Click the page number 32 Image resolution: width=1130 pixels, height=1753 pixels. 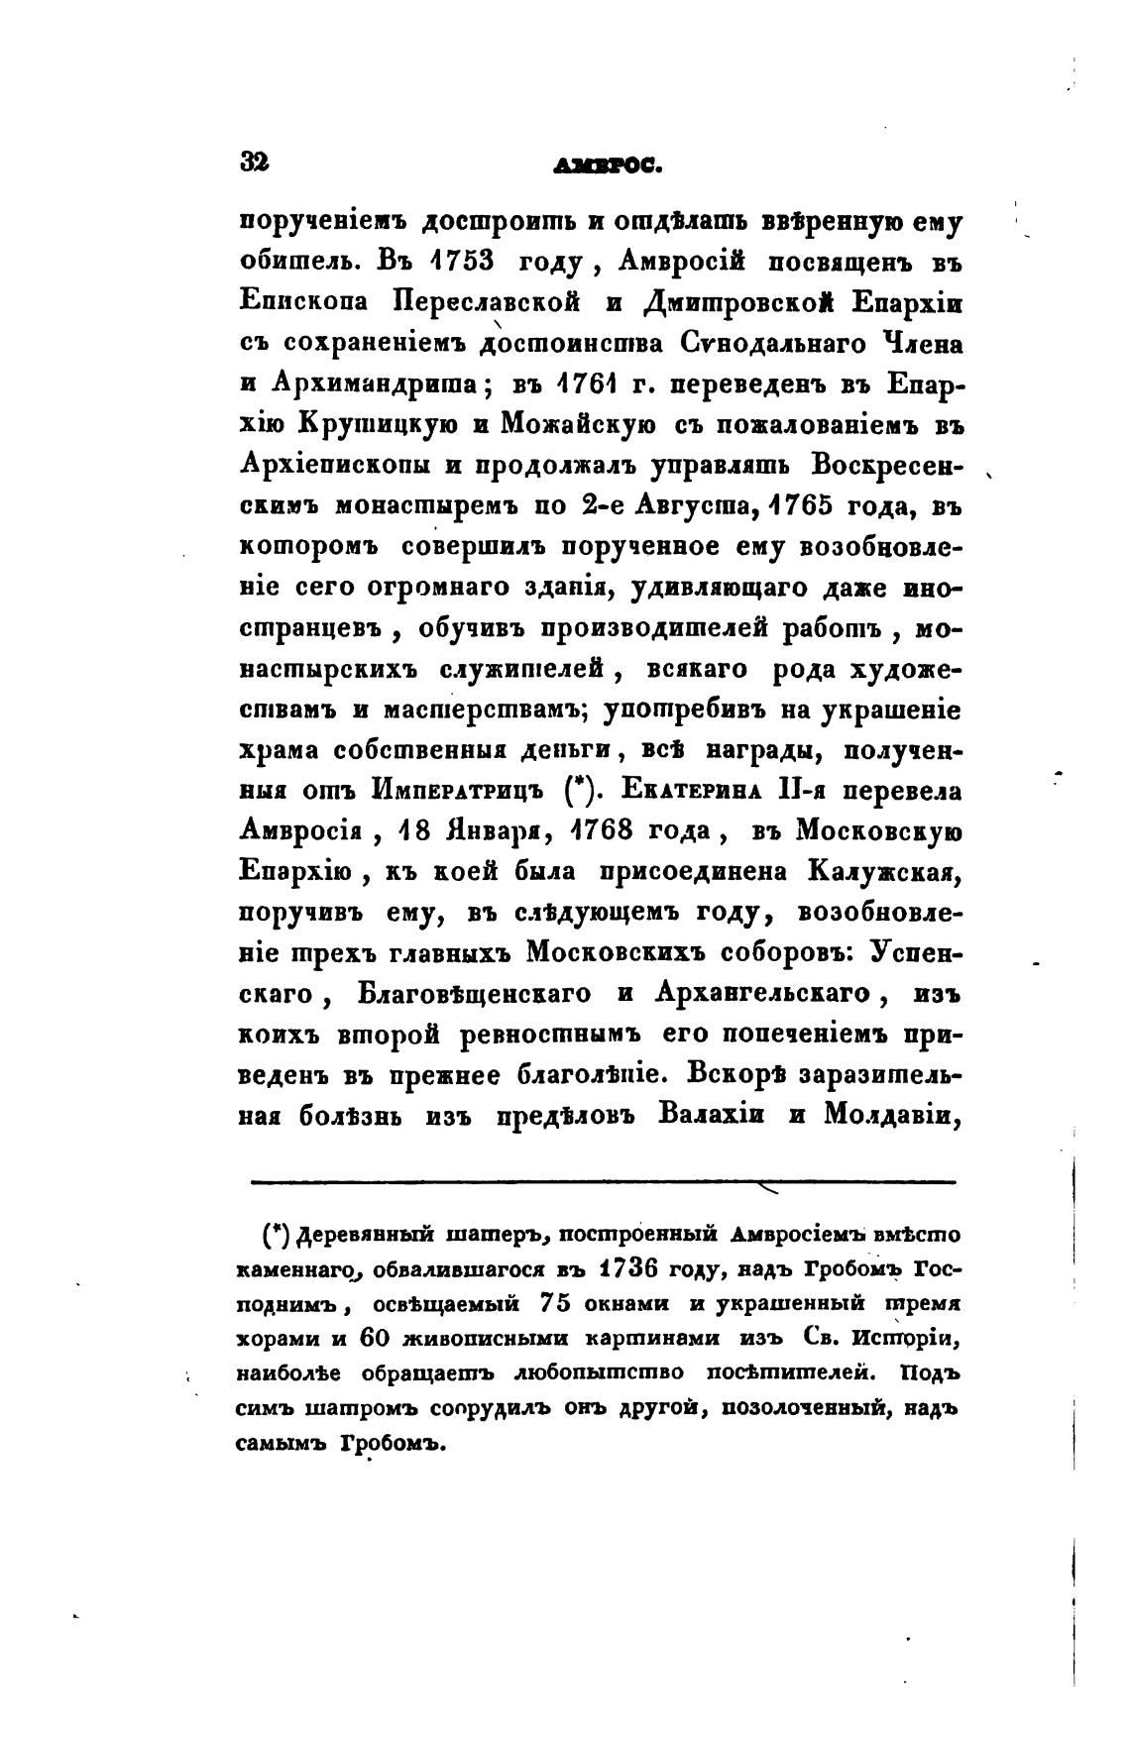255,162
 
